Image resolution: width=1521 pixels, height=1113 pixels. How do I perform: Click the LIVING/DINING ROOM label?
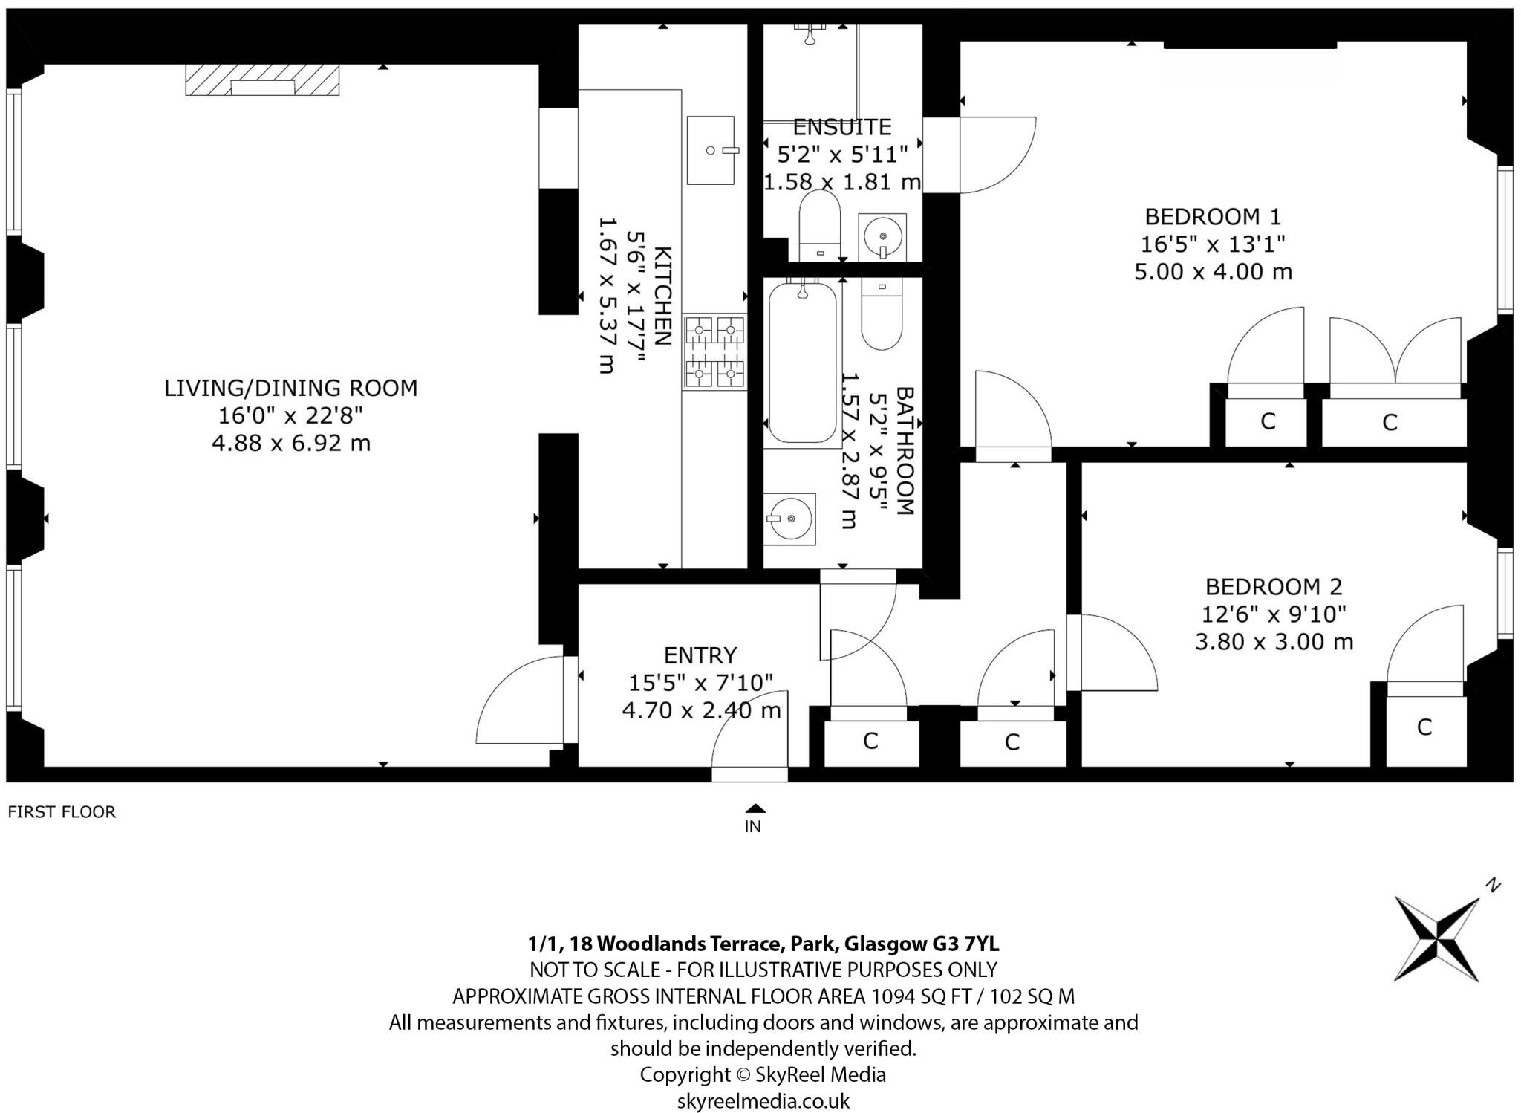pos(290,388)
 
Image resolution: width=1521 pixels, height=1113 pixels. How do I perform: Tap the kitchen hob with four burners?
pos(714,351)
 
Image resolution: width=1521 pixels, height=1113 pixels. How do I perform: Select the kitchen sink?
pos(711,150)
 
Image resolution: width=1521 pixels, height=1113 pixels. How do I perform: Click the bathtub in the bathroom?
pos(802,363)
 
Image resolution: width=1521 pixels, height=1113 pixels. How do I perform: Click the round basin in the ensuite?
pos(882,237)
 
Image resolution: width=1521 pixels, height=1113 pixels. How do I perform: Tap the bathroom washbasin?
pos(790,518)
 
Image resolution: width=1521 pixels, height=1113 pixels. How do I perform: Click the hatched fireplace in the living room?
pos(262,80)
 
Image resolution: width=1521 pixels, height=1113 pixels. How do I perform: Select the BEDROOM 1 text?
pos(1213,217)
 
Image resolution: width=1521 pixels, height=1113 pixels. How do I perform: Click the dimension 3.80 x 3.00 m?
pos(1274,642)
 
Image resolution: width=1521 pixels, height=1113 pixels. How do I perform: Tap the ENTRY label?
pos(700,655)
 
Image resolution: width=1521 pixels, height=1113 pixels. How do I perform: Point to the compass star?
pos(1437,938)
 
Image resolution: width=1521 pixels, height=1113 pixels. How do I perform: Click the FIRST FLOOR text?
pos(62,812)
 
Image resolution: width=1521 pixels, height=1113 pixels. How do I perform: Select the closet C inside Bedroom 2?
pos(1424,727)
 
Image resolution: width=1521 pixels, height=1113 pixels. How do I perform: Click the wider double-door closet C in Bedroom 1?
pos(1390,423)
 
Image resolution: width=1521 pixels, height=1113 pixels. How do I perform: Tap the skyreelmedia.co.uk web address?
pos(763,1100)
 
